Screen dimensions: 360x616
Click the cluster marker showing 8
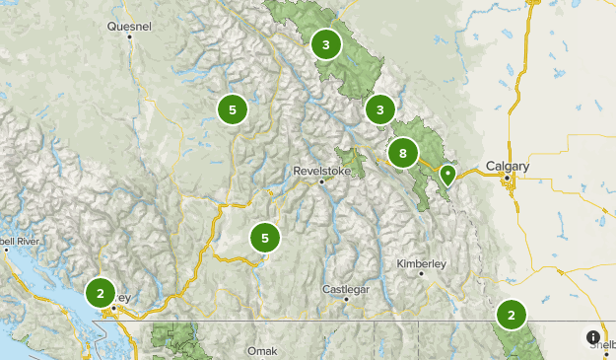coord(402,153)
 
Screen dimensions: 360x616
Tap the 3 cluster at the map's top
coord(325,43)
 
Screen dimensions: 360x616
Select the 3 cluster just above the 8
coord(379,110)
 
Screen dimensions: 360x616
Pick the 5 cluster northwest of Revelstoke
coord(232,109)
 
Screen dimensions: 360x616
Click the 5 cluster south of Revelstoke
coord(264,238)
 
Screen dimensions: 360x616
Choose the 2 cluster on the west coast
coord(100,293)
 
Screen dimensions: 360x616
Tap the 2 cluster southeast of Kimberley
coord(512,315)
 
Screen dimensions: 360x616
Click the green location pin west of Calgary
coord(447,176)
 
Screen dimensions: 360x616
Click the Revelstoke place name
coord(322,171)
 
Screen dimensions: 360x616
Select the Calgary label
coord(508,167)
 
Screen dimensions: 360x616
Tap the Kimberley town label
coord(422,263)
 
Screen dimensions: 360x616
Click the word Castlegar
coord(346,288)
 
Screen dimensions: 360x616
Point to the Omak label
coord(262,350)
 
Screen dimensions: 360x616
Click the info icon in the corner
coord(593,337)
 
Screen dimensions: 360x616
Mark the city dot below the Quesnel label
coord(129,37)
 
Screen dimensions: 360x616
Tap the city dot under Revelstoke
coord(322,181)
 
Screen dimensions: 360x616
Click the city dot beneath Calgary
coord(508,179)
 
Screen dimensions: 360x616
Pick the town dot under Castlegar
coord(346,299)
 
